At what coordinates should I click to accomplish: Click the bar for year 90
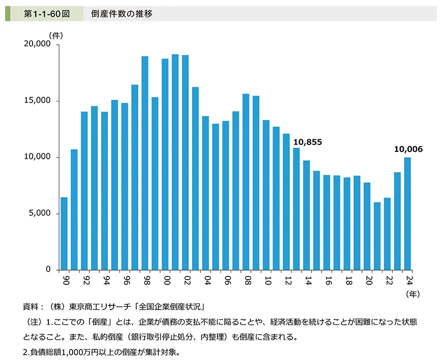(x=64, y=233)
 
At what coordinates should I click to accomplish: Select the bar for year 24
(x=407, y=213)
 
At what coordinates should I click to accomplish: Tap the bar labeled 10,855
(x=296, y=209)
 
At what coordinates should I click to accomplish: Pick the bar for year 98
(x=145, y=163)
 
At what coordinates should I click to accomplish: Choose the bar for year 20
(x=367, y=226)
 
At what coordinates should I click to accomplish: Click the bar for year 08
(x=246, y=182)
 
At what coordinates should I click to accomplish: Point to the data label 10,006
(x=408, y=150)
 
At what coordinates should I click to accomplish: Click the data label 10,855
(x=307, y=142)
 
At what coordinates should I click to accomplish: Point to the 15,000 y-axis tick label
(x=37, y=101)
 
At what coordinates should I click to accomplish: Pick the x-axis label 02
(x=185, y=280)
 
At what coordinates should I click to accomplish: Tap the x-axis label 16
(x=327, y=280)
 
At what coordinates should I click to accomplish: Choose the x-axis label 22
(x=387, y=280)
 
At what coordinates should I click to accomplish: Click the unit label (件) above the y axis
(x=56, y=35)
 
